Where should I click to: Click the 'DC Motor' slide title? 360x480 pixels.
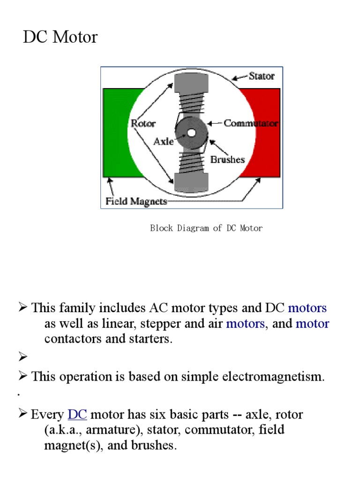(60, 37)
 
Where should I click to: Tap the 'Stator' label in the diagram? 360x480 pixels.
(261, 75)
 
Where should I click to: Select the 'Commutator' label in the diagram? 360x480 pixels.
(251, 123)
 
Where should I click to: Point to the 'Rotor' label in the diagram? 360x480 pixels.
(143, 124)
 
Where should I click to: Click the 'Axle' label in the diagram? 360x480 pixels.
(164, 141)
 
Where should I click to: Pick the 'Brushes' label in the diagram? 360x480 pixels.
(227, 159)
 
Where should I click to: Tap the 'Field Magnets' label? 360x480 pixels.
(135, 202)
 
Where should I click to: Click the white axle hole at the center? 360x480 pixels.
(191, 133)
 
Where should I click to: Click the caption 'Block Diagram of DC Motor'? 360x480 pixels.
(206, 228)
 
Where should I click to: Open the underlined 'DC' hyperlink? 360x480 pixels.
(77, 415)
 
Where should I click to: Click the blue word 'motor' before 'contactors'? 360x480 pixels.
(312, 323)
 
